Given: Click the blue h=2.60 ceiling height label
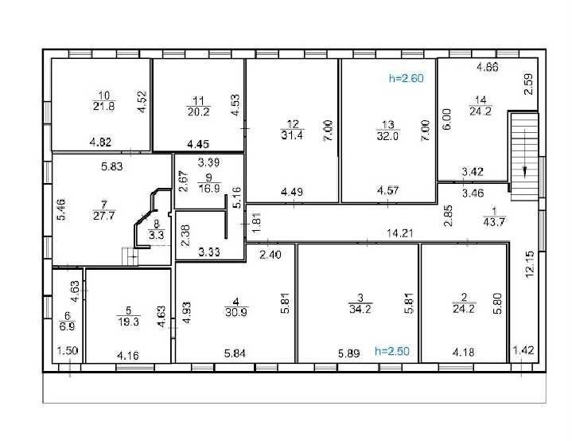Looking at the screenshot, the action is (x=407, y=78).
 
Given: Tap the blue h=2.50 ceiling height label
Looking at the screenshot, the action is (x=392, y=351).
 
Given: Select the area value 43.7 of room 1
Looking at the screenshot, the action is (x=494, y=222).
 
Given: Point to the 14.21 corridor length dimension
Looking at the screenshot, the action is (x=400, y=233).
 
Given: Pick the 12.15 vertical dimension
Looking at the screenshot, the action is (x=530, y=264).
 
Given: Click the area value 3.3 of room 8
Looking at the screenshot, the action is (x=156, y=235).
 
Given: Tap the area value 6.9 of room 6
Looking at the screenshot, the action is (x=67, y=326).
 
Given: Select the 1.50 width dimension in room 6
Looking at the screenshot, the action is (x=68, y=351).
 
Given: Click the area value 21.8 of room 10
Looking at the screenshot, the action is (x=104, y=106).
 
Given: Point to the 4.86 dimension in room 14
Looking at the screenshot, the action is (x=488, y=67).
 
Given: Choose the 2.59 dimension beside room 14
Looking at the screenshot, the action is (x=528, y=84).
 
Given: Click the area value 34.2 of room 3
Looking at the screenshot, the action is (x=360, y=309).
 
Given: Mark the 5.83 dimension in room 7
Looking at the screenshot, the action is (x=112, y=167).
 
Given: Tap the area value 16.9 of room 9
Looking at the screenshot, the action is (x=209, y=189).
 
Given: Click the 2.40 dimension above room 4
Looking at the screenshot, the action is (x=270, y=255).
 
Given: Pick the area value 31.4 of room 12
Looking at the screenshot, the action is (x=292, y=135).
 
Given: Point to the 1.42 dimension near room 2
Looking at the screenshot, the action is (x=523, y=350).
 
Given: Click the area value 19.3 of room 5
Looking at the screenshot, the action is (x=128, y=322).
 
